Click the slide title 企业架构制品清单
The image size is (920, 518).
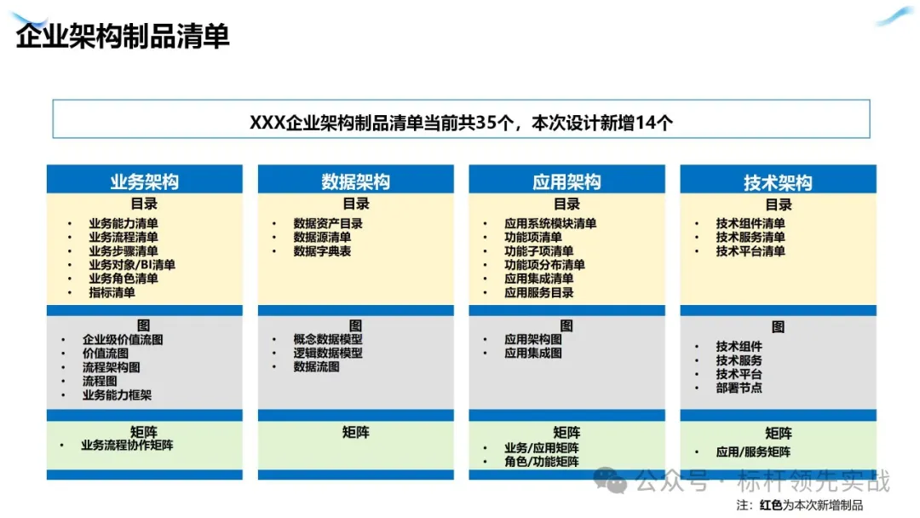(x=122, y=37)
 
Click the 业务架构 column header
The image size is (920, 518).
(x=144, y=181)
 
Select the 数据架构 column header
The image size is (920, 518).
(x=355, y=181)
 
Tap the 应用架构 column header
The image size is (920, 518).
(x=566, y=181)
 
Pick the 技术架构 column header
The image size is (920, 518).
(x=778, y=182)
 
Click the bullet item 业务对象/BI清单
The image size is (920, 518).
(x=132, y=265)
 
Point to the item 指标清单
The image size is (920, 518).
(x=112, y=292)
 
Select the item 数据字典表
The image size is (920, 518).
(x=322, y=251)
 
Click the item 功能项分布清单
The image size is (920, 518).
(x=544, y=265)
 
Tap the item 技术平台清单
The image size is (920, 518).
(x=750, y=251)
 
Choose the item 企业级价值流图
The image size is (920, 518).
(x=123, y=340)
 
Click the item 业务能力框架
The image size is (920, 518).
(x=117, y=394)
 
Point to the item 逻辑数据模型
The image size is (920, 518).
(x=328, y=354)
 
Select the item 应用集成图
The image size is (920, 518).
(x=532, y=354)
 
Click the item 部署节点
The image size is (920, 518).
(x=739, y=388)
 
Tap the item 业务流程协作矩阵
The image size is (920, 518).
(x=127, y=446)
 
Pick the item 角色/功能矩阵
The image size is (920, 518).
(x=542, y=462)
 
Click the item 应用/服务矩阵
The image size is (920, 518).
(x=753, y=452)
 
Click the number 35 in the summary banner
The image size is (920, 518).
(x=486, y=123)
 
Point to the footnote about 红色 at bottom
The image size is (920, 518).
(x=800, y=505)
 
